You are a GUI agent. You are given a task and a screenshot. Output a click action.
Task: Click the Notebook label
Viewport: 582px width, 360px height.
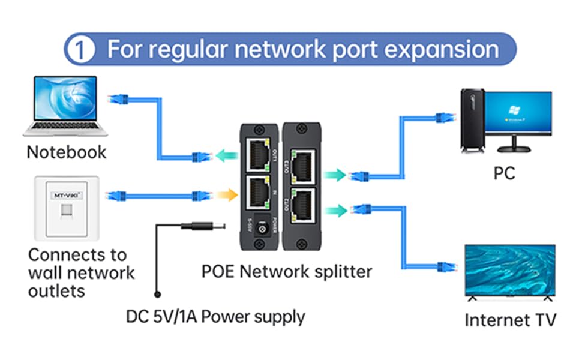click(66, 152)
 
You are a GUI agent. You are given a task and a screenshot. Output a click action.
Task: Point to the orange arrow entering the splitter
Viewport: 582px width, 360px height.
click(225, 195)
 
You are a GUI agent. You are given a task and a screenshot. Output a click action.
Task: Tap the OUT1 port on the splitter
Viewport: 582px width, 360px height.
click(257, 155)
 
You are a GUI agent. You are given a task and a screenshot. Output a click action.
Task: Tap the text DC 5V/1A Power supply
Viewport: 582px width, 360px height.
click(215, 316)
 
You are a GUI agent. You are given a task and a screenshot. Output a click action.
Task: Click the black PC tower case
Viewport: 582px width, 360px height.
click(472, 120)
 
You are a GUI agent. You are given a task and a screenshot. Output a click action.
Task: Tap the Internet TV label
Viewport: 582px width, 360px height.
click(510, 319)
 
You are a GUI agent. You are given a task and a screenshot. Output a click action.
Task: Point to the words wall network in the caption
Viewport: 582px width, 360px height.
click(82, 273)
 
